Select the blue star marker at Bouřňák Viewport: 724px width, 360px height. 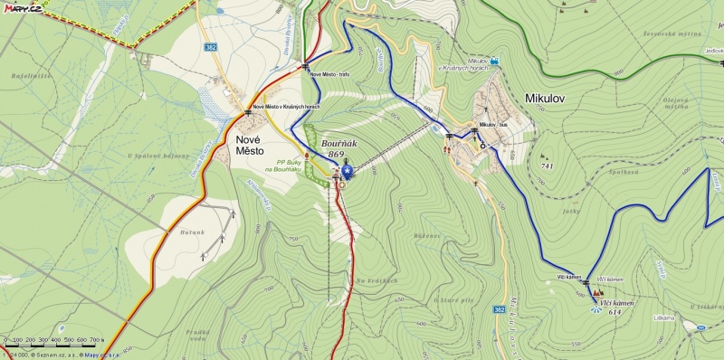tap(346, 170)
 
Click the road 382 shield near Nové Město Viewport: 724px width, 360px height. tap(210, 45)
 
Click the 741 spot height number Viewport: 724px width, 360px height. tap(546, 166)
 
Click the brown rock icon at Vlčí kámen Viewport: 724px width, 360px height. tap(598, 292)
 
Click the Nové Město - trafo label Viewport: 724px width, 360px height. tap(329, 74)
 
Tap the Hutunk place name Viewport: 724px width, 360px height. tap(191, 232)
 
